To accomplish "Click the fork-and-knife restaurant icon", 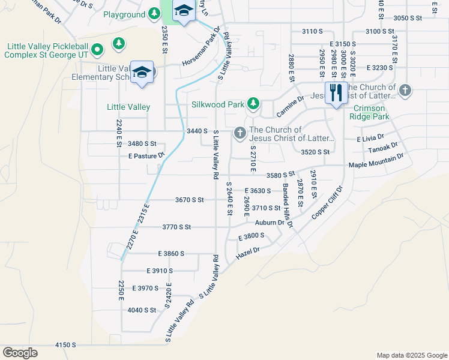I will pos(336,92).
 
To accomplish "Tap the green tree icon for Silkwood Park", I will pos(253,104).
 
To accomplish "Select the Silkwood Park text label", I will pos(217,104).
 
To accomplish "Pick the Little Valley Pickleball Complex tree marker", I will pos(119,43).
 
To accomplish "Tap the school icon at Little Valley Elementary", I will pos(142,72).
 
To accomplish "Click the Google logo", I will pos(20,353).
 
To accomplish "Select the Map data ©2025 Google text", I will pos(411,355).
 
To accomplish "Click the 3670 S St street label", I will pos(190,200).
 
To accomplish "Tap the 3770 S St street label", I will pos(176,227).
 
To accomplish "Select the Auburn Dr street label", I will pos(269,223).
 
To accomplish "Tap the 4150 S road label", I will pos(65,345).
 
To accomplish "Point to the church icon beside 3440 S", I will pos(240,133).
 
